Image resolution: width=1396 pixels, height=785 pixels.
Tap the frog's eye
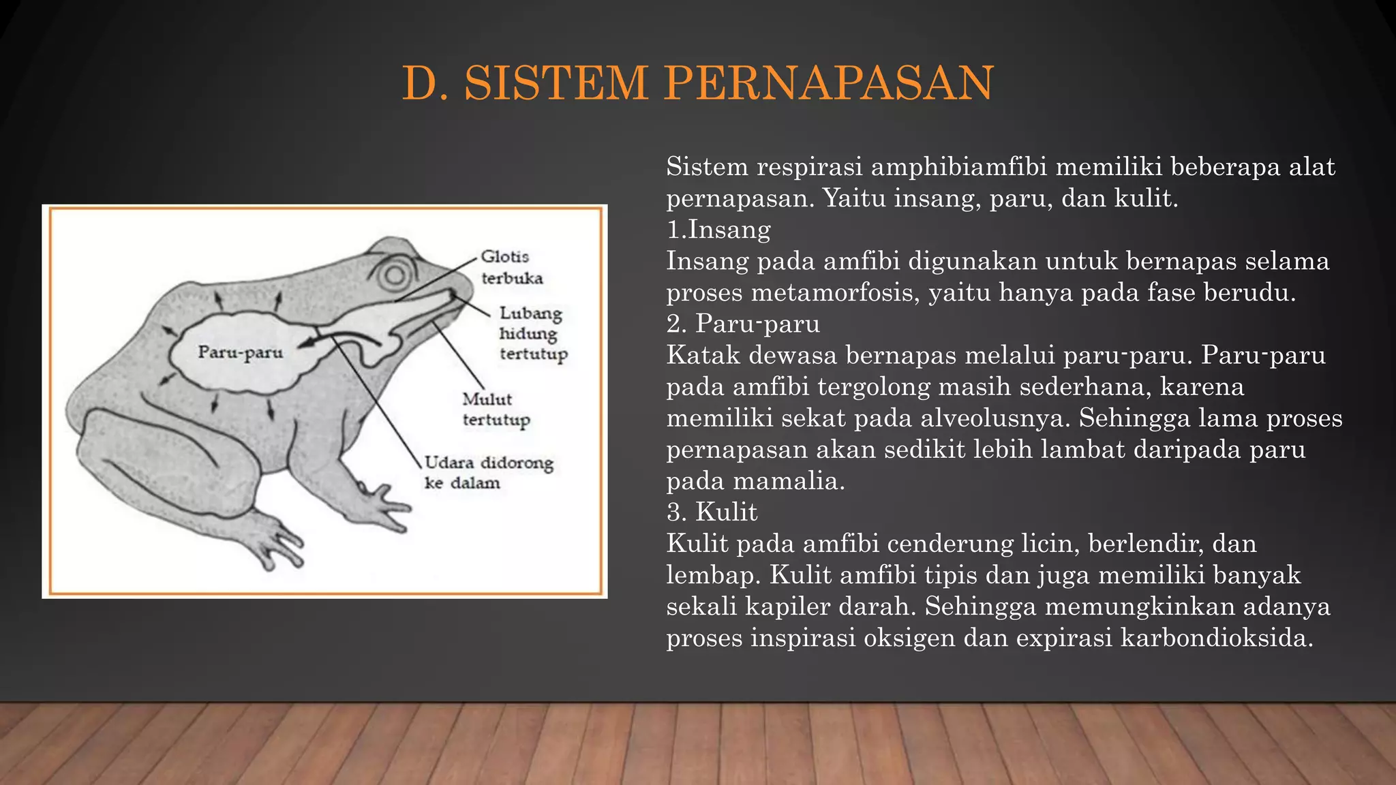[x=395, y=275]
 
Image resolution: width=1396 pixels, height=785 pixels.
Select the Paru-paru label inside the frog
[x=240, y=352]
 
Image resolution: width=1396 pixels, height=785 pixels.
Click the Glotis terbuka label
[x=511, y=267]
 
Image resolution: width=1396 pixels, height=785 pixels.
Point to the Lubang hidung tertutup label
[x=532, y=333]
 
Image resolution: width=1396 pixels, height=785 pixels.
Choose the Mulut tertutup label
[x=495, y=409]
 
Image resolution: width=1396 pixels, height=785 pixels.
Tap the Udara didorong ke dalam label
[x=487, y=472]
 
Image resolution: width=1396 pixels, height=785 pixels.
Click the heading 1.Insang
[x=718, y=230]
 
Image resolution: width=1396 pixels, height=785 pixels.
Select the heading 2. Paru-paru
[x=743, y=324]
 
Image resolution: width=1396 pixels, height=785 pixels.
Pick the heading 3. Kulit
[x=712, y=512]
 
